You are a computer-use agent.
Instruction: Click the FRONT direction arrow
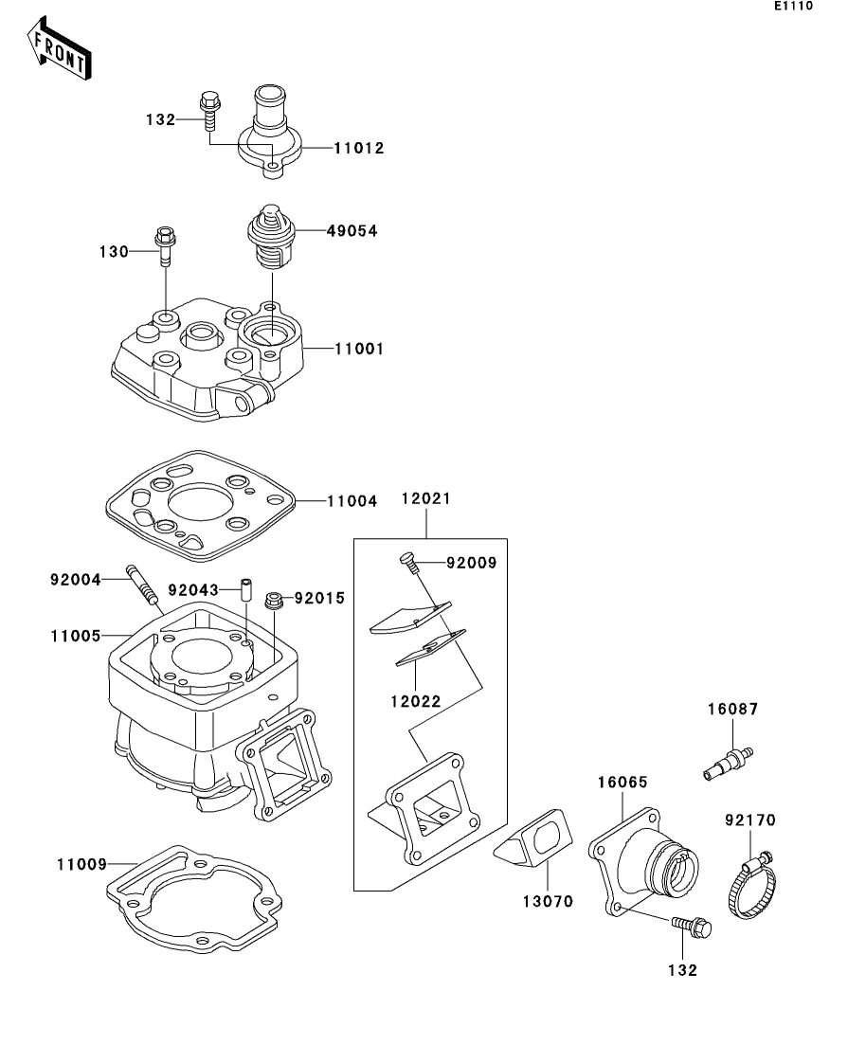59,48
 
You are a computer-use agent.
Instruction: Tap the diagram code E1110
793,6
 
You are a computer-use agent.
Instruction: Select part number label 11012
359,148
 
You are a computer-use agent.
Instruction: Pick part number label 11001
359,349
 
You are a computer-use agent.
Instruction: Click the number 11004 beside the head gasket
352,501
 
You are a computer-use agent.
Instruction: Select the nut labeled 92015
274,600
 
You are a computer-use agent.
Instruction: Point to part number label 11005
76,636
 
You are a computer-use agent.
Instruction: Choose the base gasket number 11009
82,864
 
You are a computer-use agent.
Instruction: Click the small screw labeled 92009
409,562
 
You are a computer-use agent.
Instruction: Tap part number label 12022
416,701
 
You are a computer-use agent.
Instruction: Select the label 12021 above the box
426,498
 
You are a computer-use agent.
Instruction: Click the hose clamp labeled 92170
752,886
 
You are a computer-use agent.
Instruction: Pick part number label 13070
548,902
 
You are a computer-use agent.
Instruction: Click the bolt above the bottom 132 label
692,926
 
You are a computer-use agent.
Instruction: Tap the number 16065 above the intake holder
622,782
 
